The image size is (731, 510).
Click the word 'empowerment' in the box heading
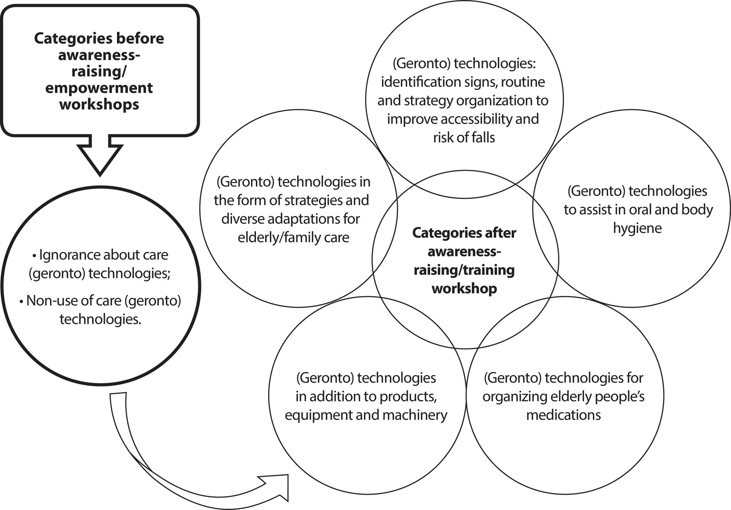(x=99, y=88)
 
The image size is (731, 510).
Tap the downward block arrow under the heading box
(x=100, y=155)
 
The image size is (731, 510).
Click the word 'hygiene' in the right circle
(x=637, y=228)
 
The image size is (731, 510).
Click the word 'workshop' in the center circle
(x=464, y=288)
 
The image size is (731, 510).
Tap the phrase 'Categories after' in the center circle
(x=464, y=233)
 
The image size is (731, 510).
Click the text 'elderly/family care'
(x=293, y=238)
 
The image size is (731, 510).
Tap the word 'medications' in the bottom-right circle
(x=563, y=415)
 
